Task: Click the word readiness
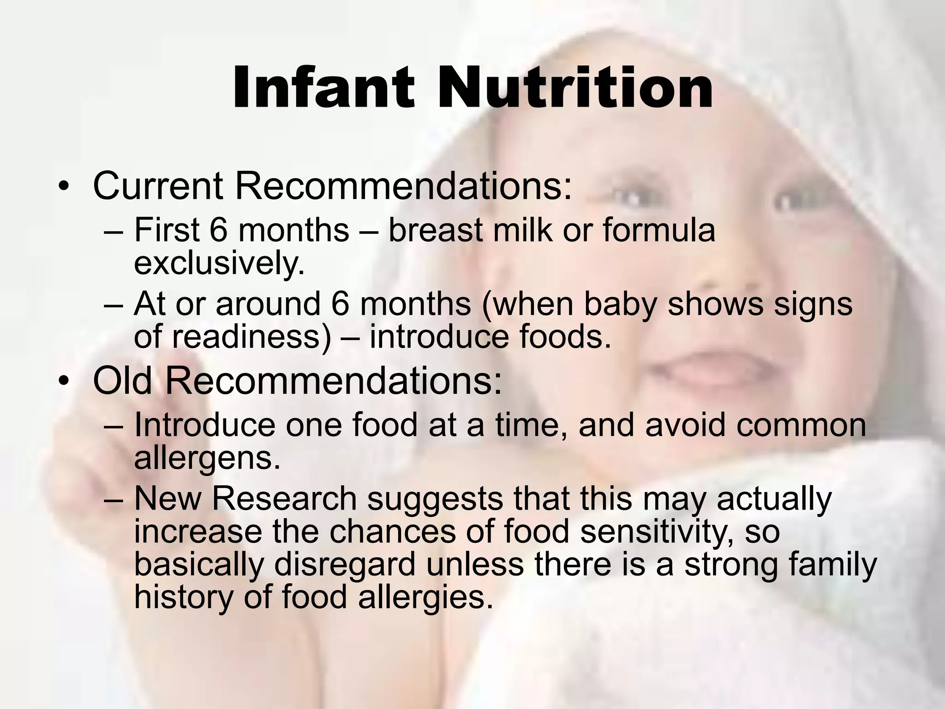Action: tap(251, 337)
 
